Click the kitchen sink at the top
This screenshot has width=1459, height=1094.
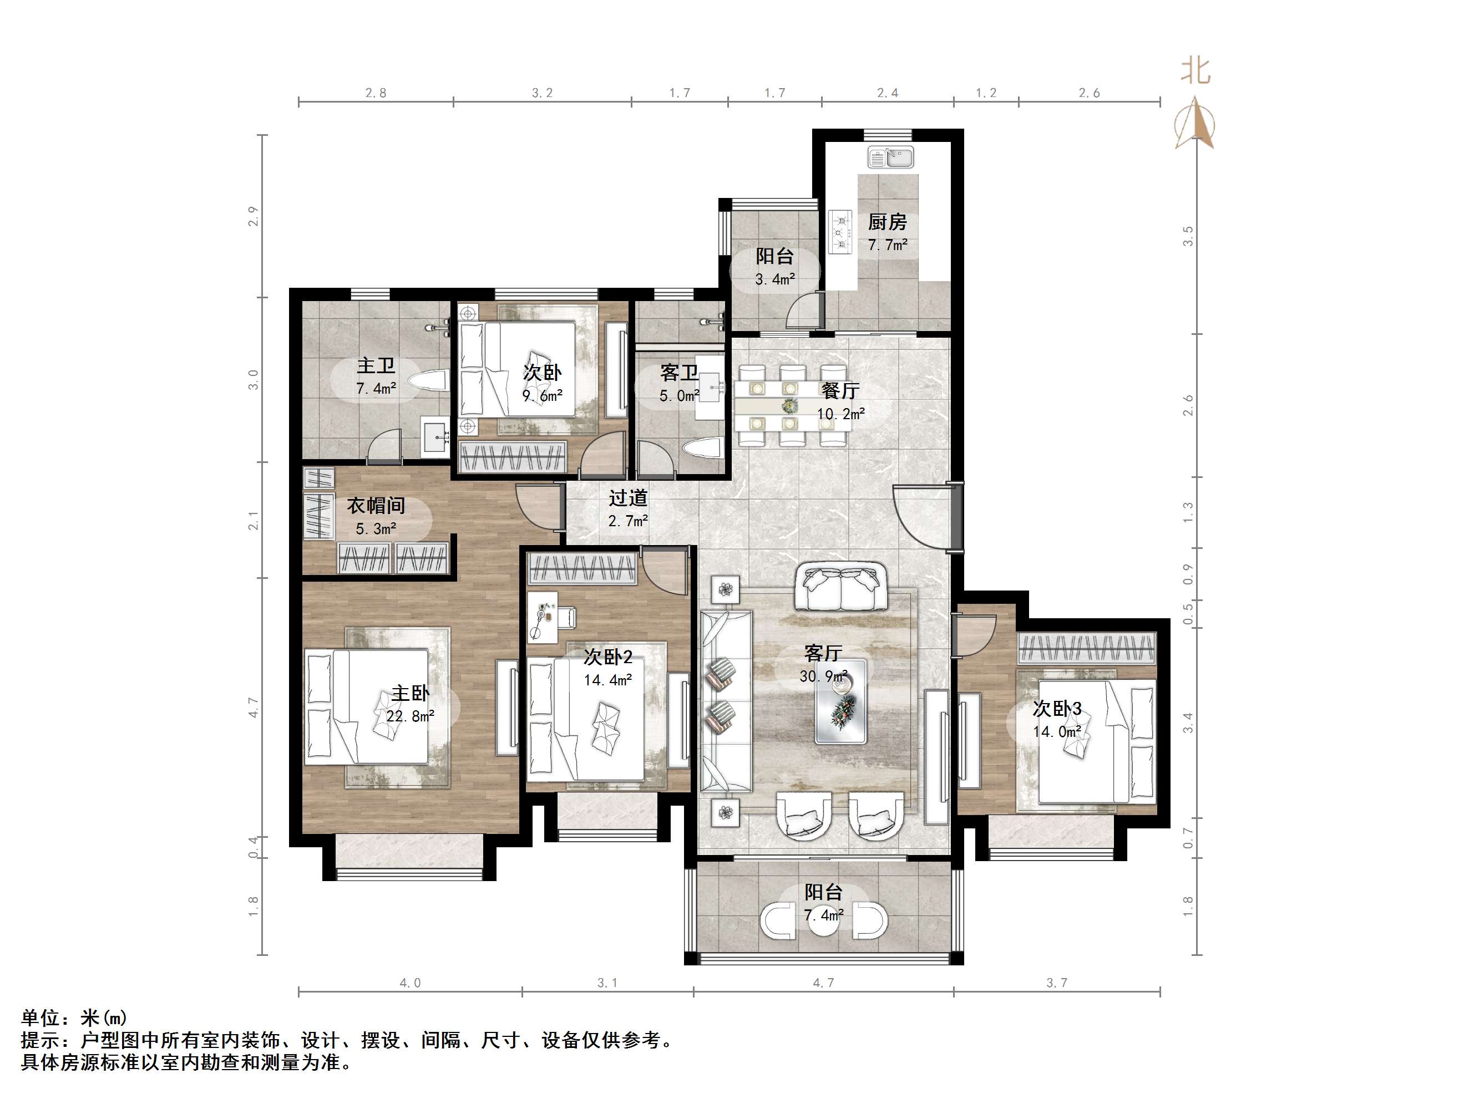coord(890,157)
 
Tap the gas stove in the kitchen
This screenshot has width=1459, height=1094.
coord(840,232)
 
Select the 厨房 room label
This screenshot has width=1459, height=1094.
coord(887,222)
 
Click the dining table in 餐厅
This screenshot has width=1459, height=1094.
coord(792,405)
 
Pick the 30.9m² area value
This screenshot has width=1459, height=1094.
coord(823,676)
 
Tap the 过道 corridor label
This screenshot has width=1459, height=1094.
coord(628,498)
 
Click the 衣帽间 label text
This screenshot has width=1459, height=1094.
coord(376,506)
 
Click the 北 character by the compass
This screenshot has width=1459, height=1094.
coord(1195,70)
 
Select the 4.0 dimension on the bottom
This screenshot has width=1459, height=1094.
coord(409,983)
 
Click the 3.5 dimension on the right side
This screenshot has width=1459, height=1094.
coord(1188,236)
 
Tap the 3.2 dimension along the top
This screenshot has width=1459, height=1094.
coord(542,93)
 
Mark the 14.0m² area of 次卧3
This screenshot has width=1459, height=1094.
coord(1057,732)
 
